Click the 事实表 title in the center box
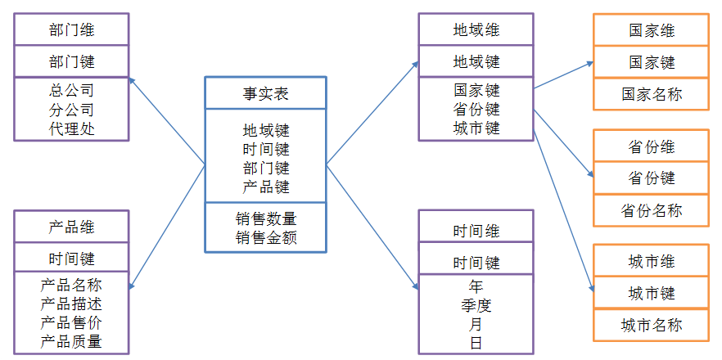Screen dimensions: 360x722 click(265, 94)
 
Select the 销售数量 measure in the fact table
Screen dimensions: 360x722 click(265, 219)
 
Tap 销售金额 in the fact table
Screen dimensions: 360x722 click(265, 238)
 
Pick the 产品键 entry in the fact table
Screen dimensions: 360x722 click(265, 187)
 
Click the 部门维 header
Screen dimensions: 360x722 click(71, 30)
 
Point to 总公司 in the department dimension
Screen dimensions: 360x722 click(71, 90)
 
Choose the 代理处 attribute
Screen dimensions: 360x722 click(71, 128)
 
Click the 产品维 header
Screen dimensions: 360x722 click(71, 227)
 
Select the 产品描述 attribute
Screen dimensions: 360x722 click(71, 304)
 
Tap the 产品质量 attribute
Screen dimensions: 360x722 click(71, 341)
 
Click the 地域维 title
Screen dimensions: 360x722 click(476, 30)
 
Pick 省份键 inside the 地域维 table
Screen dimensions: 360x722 click(476, 109)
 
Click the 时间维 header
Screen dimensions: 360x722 click(476, 232)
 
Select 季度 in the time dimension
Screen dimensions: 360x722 click(476, 305)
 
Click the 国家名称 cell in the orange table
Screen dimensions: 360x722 click(650, 95)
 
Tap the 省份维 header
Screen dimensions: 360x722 click(650, 147)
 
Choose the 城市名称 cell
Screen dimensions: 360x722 click(650, 326)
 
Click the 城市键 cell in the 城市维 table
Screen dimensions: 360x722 click(650, 294)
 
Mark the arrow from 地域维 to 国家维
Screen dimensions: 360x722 click(563, 75)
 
